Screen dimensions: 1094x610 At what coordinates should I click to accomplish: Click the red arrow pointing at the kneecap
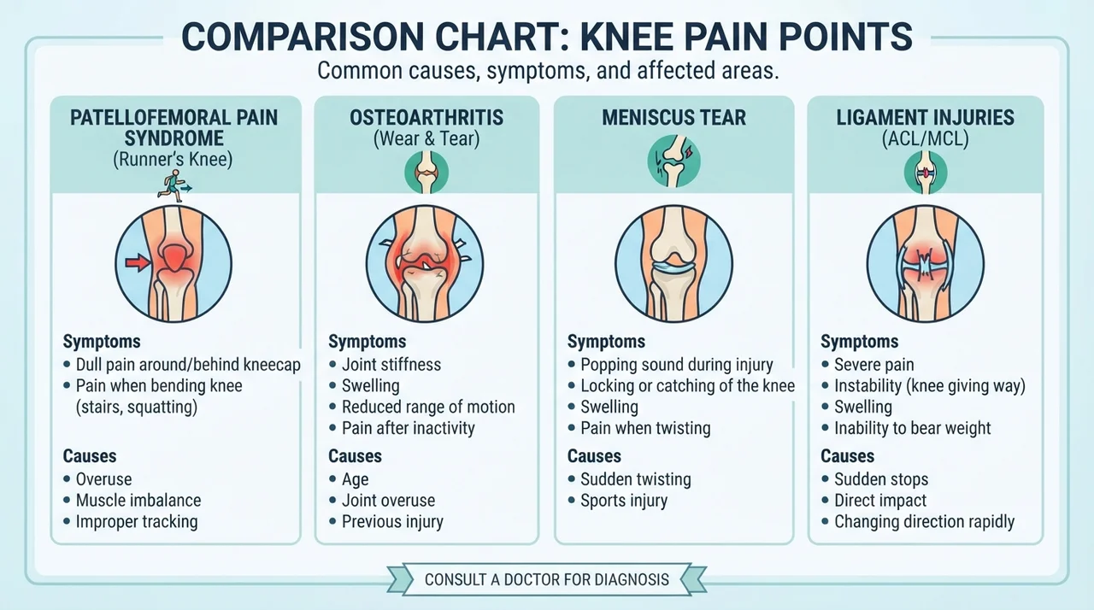pyautogui.click(x=138, y=262)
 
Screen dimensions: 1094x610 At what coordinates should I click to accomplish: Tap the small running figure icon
pyautogui.click(x=174, y=186)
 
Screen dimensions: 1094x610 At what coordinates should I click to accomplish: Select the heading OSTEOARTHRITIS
pyautogui.click(x=426, y=118)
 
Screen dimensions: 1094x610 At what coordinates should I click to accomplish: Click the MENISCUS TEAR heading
pyautogui.click(x=674, y=118)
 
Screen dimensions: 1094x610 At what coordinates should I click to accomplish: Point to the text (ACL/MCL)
pyautogui.click(x=925, y=139)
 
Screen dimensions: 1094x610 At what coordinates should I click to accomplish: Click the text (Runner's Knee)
pyautogui.click(x=173, y=159)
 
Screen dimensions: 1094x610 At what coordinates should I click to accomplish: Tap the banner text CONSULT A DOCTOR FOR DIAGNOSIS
pyautogui.click(x=546, y=579)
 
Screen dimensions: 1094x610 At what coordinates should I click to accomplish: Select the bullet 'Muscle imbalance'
pyautogui.click(x=138, y=500)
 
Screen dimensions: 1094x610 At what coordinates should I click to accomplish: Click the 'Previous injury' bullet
pyautogui.click(x=392, y=522)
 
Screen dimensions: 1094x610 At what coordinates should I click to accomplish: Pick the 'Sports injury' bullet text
pyautogui.click(x=624, y=501)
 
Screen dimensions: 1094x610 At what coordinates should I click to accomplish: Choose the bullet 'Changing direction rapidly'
pyautogui.click(x=924, y=522)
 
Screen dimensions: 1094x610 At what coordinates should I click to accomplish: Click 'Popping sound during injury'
pyautogui.click(x=676, y=365)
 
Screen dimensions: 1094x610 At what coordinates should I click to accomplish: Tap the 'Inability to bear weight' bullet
pyautogui.click(x=912, y=428)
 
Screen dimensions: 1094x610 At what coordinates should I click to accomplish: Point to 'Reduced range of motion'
pyautogui.click(x=428, y=407)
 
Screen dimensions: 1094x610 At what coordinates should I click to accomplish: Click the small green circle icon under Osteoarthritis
pyautogui.click(x=426, y=173)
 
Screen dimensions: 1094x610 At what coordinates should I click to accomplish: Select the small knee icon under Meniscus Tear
pyautogui.click(x=674, y=161)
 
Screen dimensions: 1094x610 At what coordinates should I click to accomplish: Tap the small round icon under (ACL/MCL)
pyautogui.click(x=925, y=173)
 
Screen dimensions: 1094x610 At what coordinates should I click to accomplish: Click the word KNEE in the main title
pyautogui.click(x=642, y=36)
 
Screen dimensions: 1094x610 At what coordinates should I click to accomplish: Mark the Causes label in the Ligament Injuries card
pyautogui.click(x=847, y=456)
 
